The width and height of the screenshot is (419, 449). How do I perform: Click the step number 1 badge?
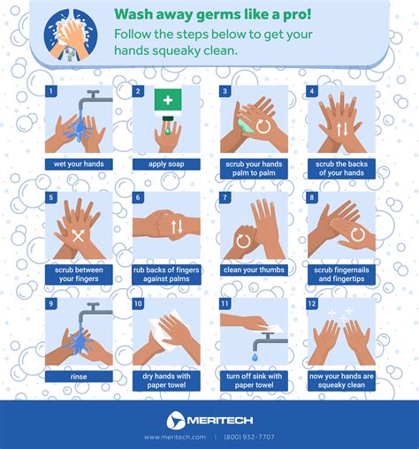[50, 91]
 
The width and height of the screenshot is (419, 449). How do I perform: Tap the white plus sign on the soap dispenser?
[168, 100]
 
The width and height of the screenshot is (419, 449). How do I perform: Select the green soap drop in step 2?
[168, 131]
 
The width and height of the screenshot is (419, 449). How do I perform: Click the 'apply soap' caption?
[166, 164]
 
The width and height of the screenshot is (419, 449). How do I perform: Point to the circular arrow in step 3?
[263, 126]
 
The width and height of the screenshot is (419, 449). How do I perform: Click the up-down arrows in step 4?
[342, 129]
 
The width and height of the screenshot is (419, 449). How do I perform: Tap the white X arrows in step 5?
[79, 236]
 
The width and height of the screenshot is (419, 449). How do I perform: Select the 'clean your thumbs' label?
[254, 270]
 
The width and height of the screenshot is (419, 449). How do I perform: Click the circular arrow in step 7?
[243, 240]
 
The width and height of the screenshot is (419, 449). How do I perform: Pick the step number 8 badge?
[312, 197]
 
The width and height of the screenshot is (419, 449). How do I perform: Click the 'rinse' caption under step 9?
[79, 377]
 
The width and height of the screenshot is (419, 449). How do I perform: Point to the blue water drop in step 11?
[255, 357]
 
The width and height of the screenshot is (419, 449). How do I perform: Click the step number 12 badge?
[312, 303]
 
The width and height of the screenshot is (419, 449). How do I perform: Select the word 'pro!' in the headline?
[297, 14]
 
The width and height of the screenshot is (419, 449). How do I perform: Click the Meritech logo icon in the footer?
[176, 420]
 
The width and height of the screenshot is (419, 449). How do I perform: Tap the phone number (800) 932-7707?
[249, 437]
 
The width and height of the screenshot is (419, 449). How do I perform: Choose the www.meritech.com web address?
[175, 437]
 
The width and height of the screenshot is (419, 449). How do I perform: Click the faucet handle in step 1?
[93, 94]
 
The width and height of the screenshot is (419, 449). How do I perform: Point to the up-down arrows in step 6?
[177, 226]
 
